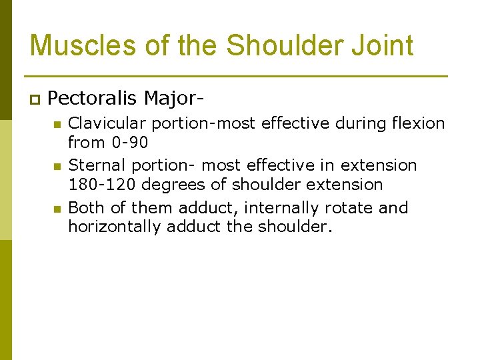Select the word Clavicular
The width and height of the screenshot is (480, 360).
click(x=106, y=123)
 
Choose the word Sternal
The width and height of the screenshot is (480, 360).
click(x=95, y=165)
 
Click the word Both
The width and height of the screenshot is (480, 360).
click(x=87, y=208)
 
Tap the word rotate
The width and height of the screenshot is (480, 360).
click(x=351, y=208)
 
